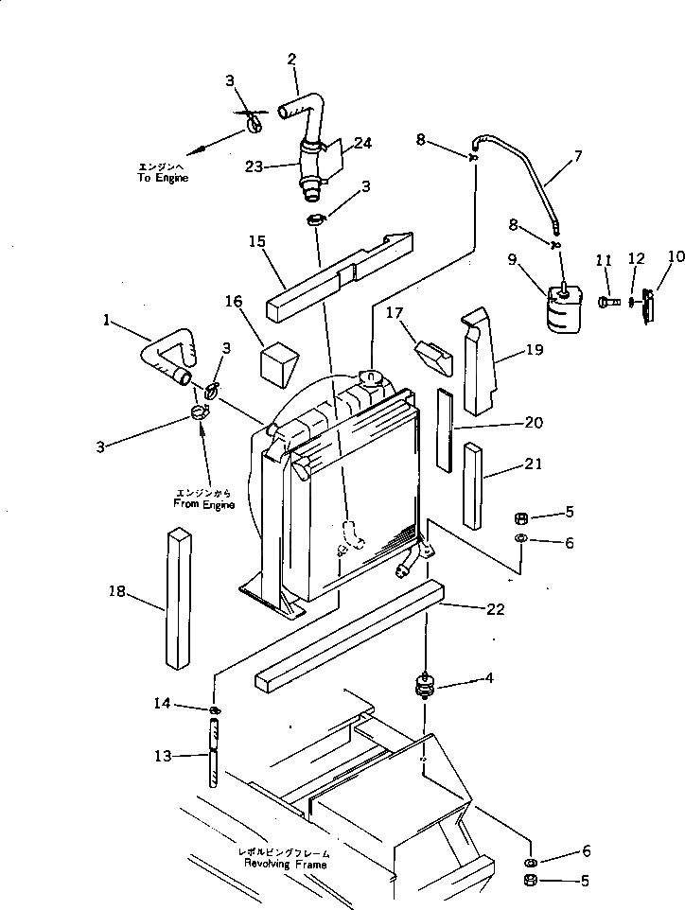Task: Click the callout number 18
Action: (116, 591)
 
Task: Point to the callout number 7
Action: (576, 154)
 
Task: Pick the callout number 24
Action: (362, 144)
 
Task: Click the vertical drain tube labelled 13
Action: (215, 751)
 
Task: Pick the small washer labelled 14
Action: (215, 710)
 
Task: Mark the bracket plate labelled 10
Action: (648, 305)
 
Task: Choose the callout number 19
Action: (535, 351)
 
